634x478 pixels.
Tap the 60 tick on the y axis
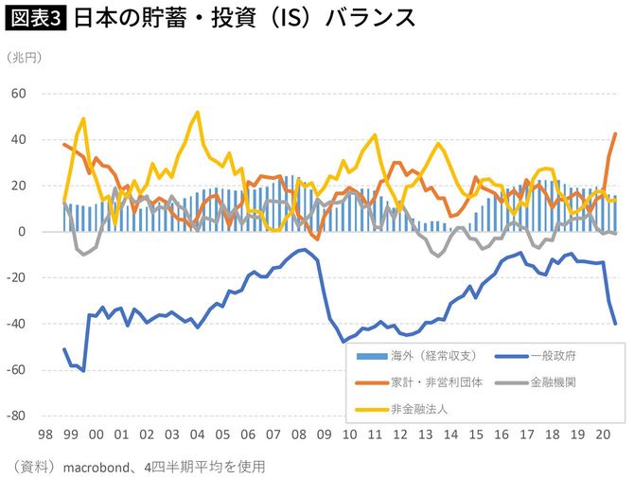(20, 95)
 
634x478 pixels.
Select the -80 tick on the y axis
(17, 416)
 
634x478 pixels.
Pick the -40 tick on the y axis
(17, 325)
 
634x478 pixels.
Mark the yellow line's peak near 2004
(197, 112)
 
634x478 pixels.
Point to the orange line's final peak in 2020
(616, 133)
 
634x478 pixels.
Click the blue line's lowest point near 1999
(84, 370)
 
